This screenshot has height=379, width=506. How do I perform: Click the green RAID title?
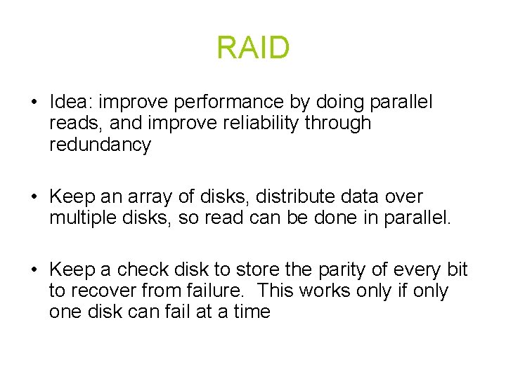253,48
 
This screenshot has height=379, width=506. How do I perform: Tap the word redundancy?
100,145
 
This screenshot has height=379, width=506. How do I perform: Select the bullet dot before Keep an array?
34,197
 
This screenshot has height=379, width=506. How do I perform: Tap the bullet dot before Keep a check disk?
34,270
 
